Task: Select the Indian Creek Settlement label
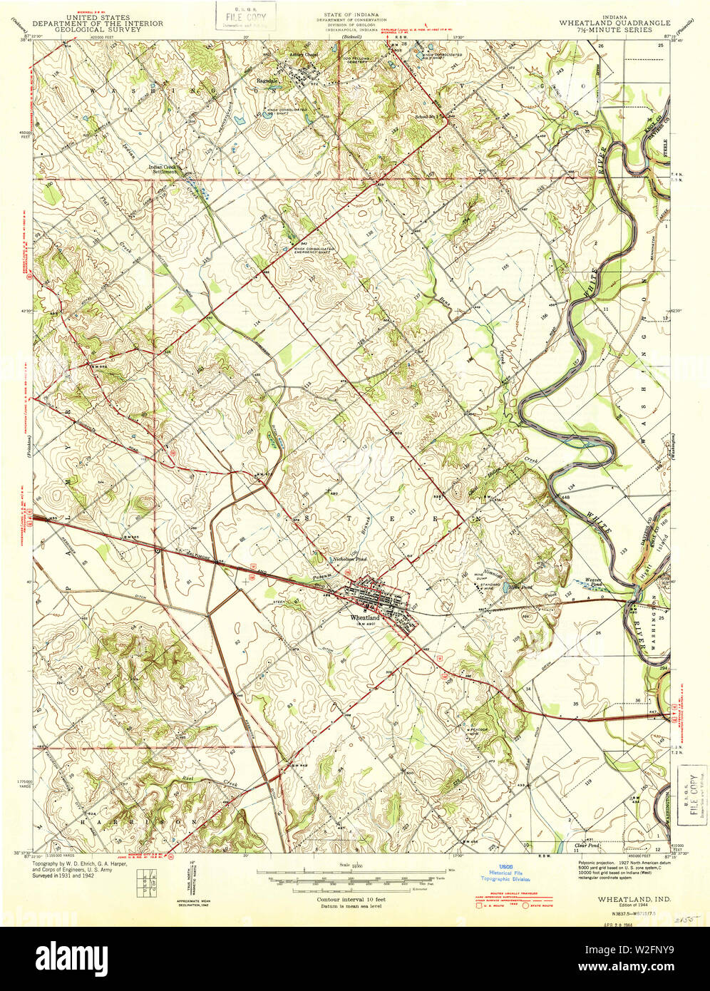point(163,170)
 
